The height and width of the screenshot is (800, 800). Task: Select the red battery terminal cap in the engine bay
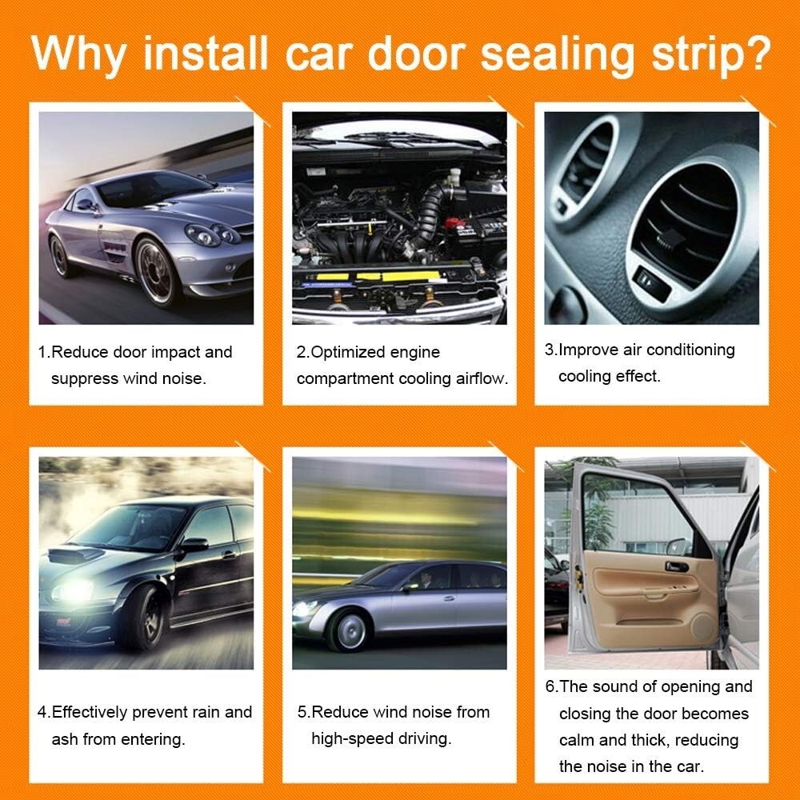click(456, 222)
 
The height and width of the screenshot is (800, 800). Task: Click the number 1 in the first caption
click(42, 352)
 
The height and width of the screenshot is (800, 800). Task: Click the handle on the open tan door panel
click(676, 566)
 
